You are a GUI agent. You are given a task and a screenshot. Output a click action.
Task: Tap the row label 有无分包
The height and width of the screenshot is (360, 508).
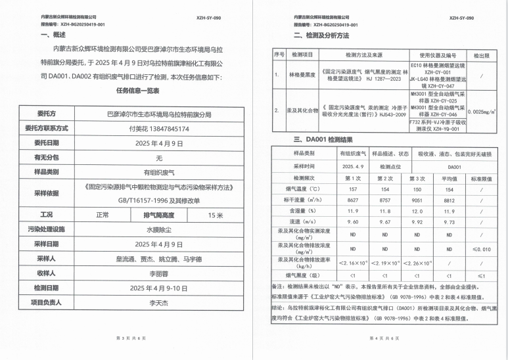(49, 158)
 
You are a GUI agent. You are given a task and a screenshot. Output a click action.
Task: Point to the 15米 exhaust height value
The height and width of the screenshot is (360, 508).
(216, 215)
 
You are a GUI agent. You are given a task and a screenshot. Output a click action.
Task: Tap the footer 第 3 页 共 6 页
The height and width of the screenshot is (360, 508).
(129, 338)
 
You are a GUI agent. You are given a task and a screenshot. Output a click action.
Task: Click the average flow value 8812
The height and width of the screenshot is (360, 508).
(448, 200)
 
